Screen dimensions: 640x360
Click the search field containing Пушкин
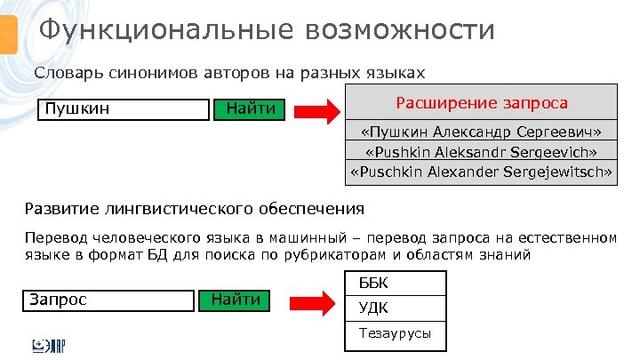click(122, 109)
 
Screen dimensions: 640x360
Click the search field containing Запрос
click(107, 300)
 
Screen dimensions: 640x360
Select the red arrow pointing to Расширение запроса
click(316, 111)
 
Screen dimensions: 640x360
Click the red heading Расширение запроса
click(481, 102)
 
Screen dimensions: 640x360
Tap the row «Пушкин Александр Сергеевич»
click(481, 132)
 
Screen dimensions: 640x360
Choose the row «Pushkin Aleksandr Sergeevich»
click(481, 152)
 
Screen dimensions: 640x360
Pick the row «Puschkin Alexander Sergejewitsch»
click(481, 172)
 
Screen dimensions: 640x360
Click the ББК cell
click(395, 283)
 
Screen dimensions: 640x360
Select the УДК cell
click(395, 308)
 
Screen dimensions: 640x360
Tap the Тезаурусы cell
click(395, 334)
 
